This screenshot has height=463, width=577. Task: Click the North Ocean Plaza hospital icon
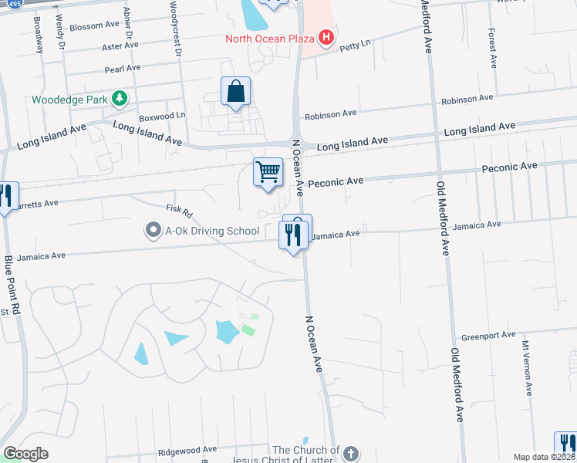[326, 37]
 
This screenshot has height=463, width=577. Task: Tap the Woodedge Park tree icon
[119, 98]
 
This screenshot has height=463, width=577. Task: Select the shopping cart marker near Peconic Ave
[268, 172]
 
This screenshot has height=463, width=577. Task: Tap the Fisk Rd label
[178, 210]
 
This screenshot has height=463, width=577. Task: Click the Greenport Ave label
[488, 336]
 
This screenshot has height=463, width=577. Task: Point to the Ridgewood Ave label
[187, 449]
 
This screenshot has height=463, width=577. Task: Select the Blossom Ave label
[95, 26]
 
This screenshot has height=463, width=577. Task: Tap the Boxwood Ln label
[162, 116]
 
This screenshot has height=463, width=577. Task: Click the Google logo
[25, 453]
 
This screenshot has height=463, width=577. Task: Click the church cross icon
[351, 454]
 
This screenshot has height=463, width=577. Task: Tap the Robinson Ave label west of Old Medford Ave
[330, 113]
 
